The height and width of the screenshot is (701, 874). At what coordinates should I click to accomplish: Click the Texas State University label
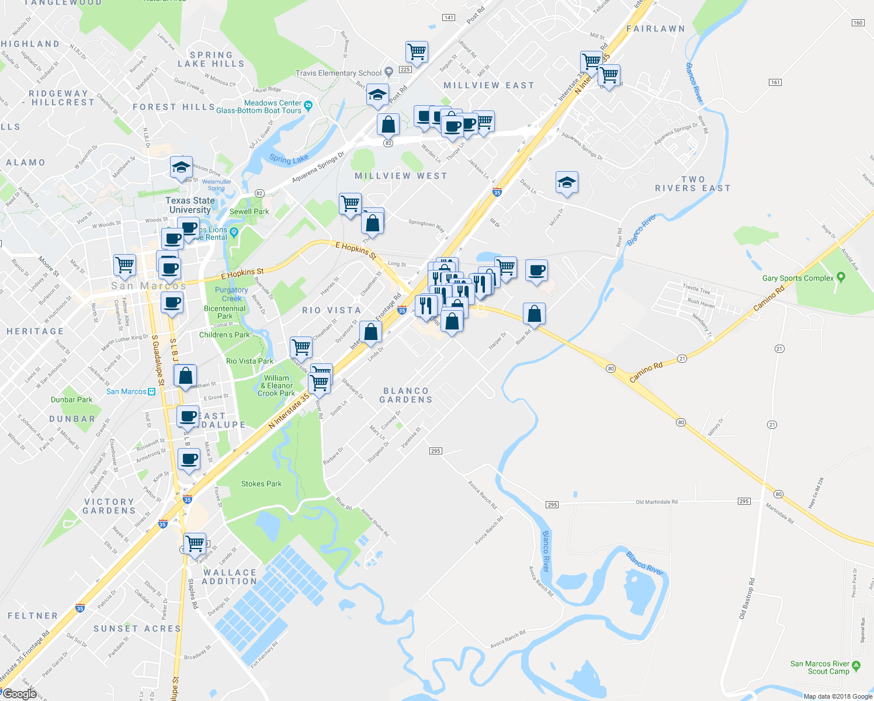click(x=190, y=205)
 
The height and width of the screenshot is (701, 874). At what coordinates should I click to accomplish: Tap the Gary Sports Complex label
click(x=798, y=278)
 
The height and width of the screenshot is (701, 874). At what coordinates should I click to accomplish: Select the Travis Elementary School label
click(x=338, y=73)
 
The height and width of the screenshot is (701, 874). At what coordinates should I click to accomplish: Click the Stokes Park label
click(x=261, y=484)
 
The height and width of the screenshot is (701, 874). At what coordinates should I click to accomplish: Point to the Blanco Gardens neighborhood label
click(x=406, y=395)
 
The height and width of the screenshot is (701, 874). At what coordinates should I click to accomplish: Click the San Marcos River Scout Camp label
click(x=820, y=668)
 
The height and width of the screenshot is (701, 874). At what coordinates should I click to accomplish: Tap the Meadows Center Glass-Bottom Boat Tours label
click(x=259, y=107)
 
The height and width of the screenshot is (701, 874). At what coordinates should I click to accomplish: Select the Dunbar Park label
click(x=71, y=400)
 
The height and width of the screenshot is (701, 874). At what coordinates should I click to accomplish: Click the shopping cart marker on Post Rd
click(x=417, y=51)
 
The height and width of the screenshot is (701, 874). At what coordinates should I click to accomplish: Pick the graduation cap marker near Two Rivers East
click(x=567, y=182)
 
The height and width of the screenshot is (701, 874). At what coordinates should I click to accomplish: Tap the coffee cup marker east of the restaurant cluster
click(x=536, y=270)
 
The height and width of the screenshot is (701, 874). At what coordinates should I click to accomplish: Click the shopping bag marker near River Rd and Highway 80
click(x=534, y=314)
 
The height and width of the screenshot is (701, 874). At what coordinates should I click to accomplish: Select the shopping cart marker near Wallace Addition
click(x=195, y=543)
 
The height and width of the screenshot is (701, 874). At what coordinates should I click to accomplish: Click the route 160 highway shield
click(x=858, y=23)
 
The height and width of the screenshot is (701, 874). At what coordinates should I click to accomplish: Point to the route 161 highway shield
click(x=775, y=82)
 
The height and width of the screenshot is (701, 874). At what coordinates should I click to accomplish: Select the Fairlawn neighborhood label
click(x=655, y=29)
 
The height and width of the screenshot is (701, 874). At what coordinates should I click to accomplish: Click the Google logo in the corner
click(x=19, y=694)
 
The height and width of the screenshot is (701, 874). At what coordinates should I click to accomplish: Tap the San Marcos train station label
click(x=130, y=391)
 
